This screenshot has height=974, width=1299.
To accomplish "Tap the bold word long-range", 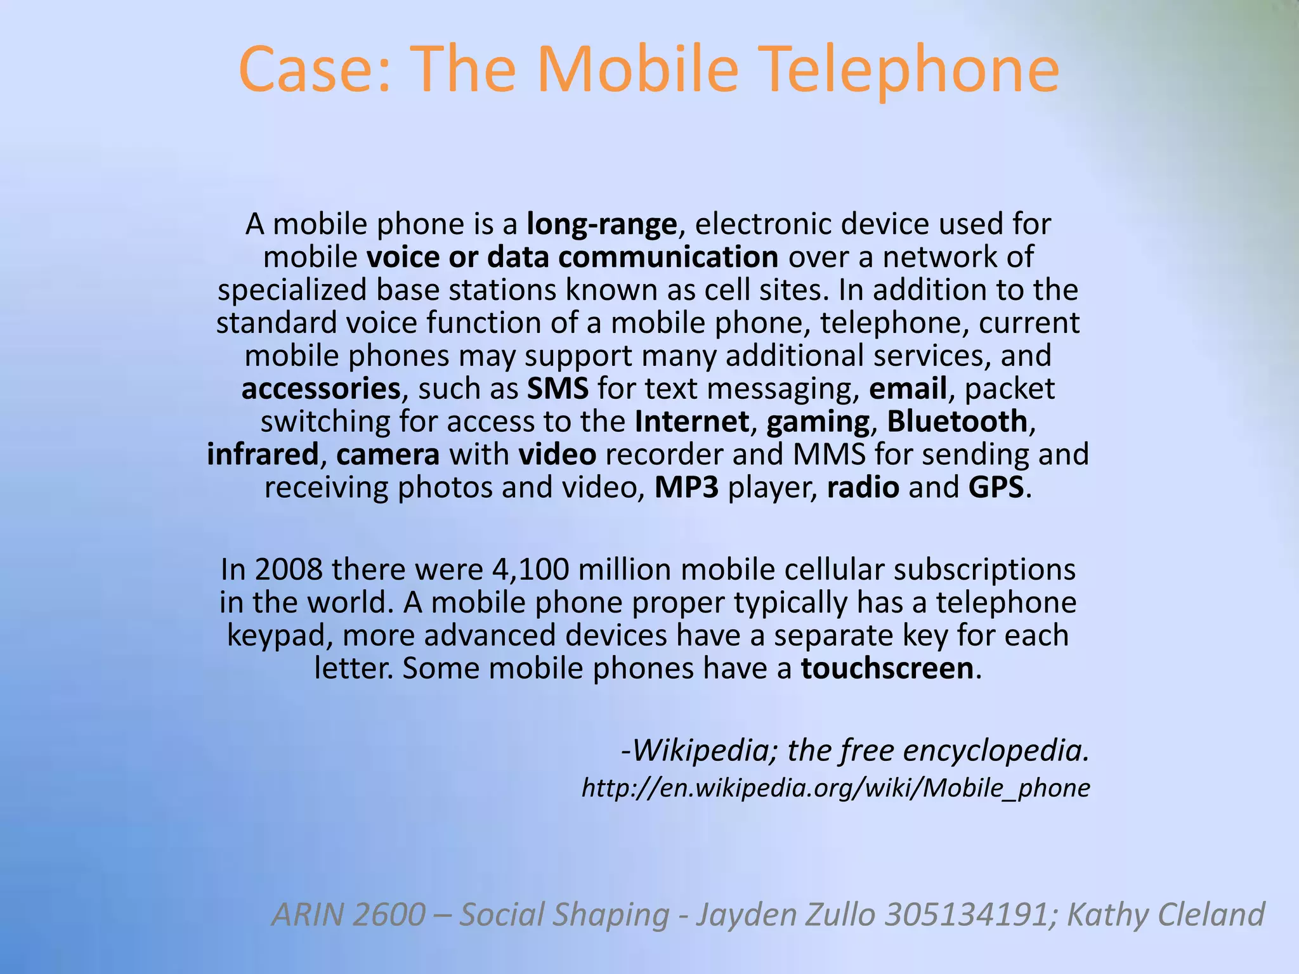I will pos(602,224).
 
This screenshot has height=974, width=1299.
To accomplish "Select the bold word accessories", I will pos(321,389).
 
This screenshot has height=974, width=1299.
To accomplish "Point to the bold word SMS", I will pos(558,389).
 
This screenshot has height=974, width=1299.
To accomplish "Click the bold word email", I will pos(908,389).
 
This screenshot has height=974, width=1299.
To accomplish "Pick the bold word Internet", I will pos(692,422).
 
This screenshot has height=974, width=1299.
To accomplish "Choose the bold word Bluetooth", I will pos(957,422).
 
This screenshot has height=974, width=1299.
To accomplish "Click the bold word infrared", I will pos(263,455).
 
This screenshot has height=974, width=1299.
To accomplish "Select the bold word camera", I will pos(388,455).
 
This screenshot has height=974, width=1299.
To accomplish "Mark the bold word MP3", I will pos(686,488).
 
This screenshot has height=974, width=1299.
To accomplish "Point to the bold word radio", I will pos(863,488).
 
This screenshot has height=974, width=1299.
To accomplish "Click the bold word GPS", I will pos(996,488).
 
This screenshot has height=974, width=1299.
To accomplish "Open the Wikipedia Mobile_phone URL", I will pos(835,788).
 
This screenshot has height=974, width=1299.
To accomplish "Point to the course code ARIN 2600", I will pos(348,914).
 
